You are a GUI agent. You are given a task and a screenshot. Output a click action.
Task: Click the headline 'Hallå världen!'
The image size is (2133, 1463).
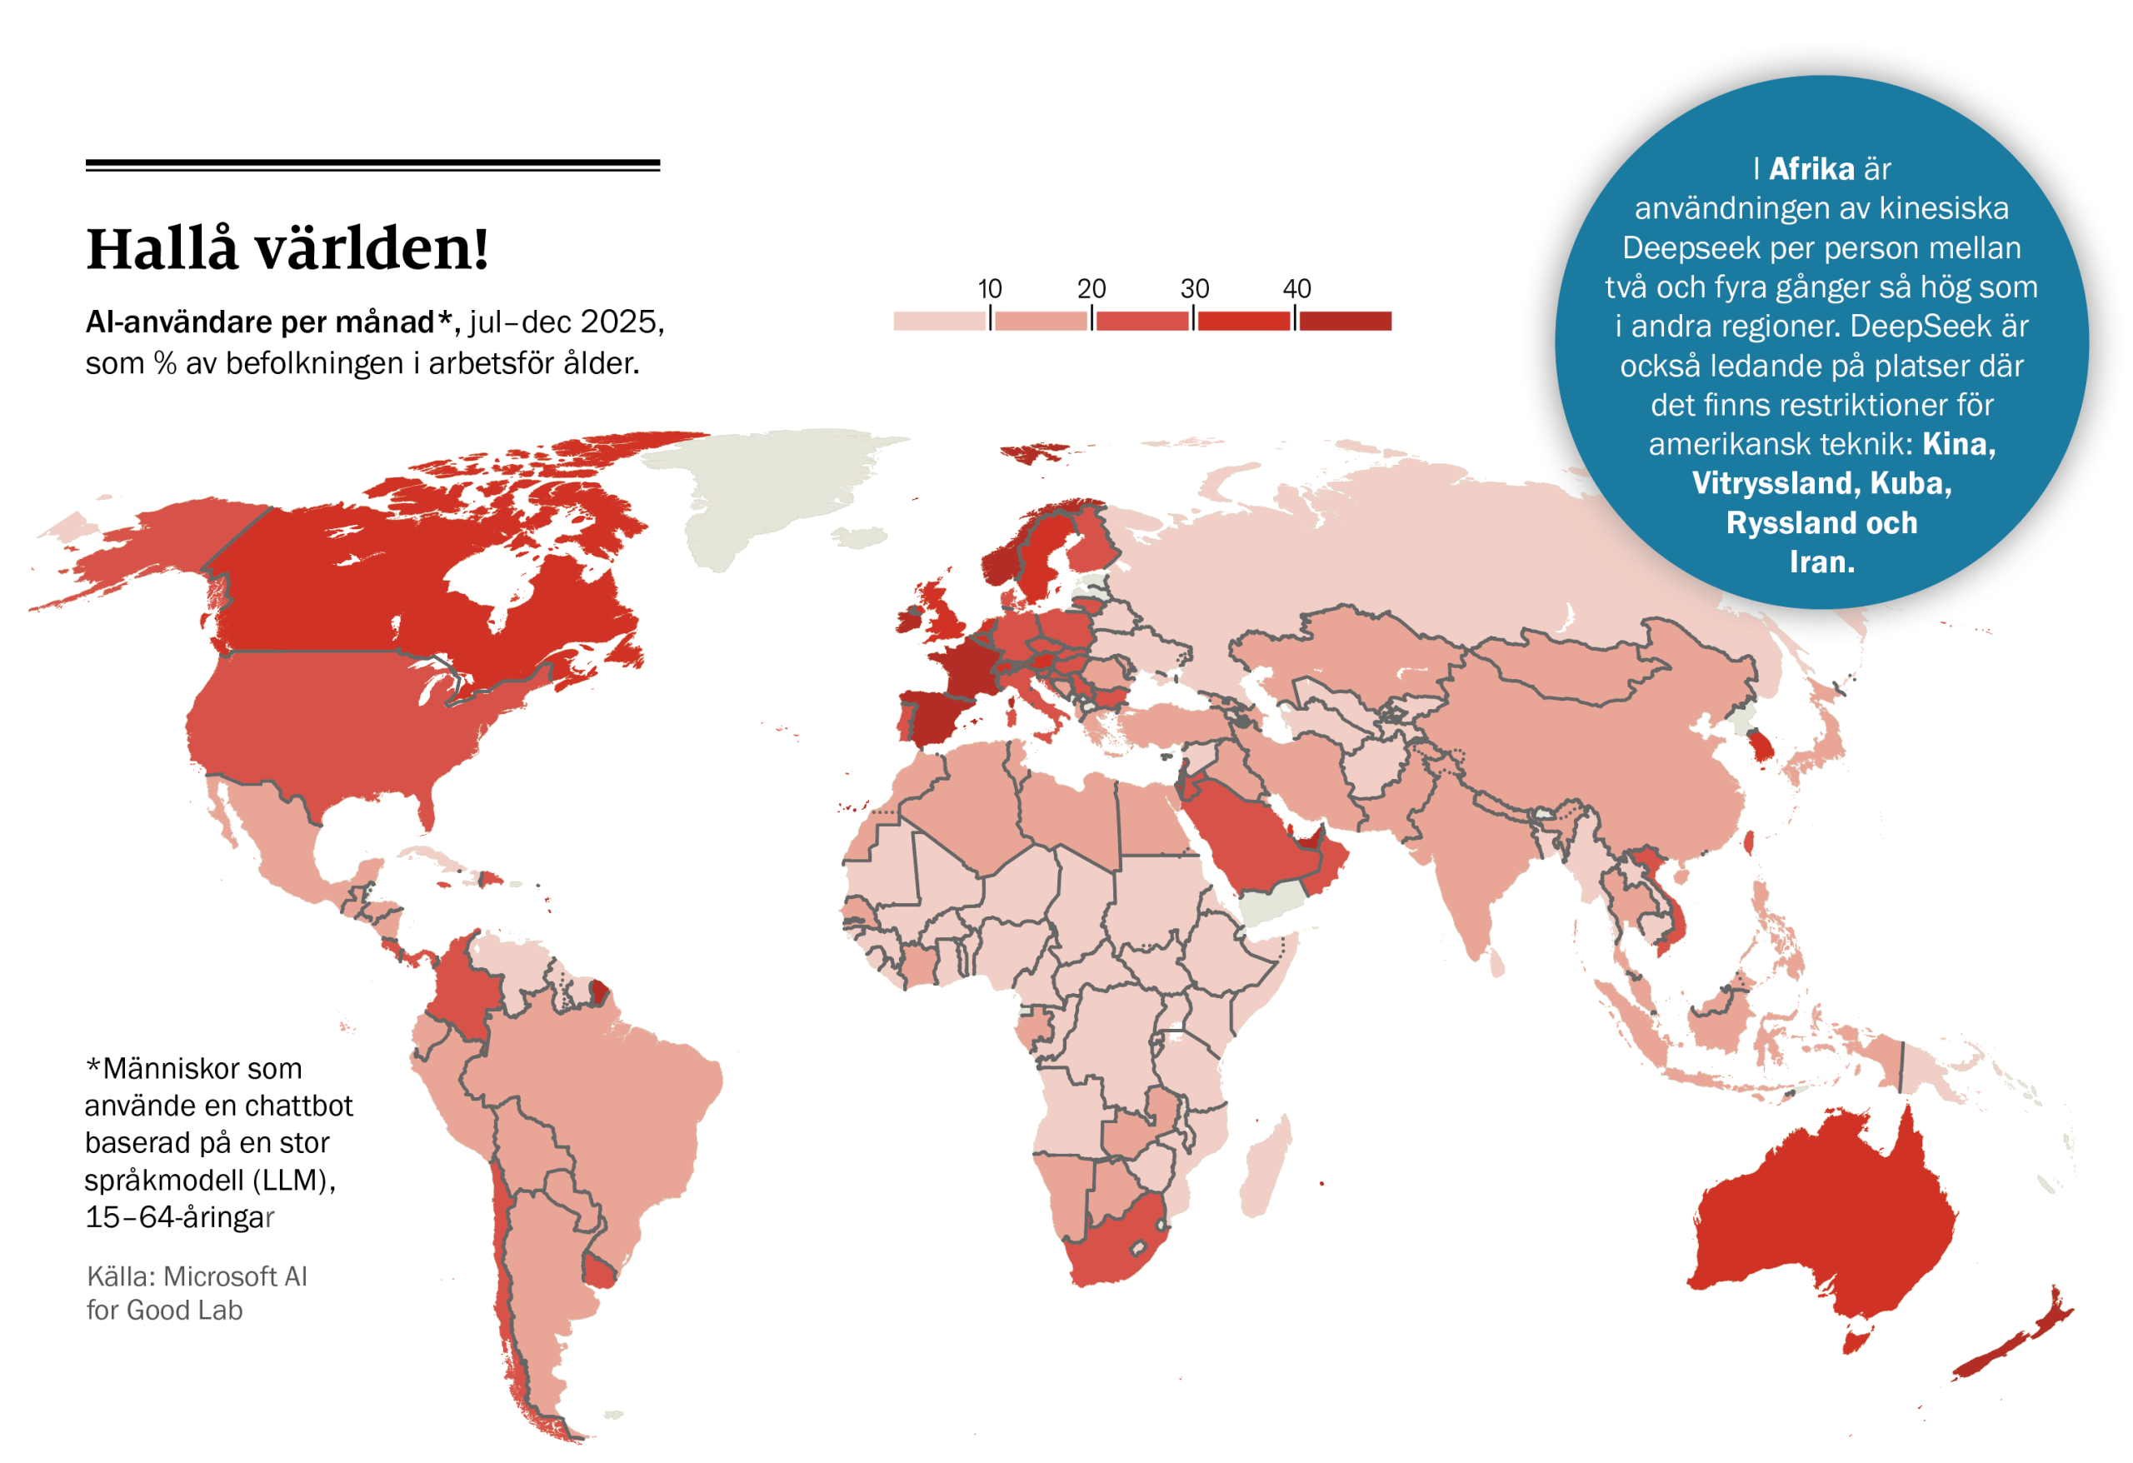point(287,249)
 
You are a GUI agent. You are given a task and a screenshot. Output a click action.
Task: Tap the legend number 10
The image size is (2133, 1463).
point(988,288)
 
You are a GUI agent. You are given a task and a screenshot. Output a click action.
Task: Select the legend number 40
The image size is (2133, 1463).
point(1296,288)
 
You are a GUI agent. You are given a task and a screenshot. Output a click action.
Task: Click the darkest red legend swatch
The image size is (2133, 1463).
point(1345,320)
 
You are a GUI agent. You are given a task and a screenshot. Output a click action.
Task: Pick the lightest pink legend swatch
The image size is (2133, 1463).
point(939,320)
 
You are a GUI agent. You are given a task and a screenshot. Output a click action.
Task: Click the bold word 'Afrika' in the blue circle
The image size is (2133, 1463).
point(1811,169)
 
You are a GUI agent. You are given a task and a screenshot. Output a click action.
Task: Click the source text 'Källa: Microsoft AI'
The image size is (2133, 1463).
point(197,1276)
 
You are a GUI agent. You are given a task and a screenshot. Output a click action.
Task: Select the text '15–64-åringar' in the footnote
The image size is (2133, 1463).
point(180,1217)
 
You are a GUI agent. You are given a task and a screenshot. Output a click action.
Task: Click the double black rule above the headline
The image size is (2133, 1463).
point(372,165)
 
